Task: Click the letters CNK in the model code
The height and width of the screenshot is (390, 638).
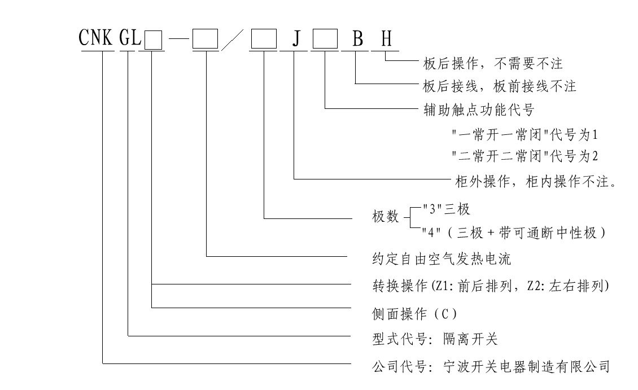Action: pyautogui.click(x=97, y=40)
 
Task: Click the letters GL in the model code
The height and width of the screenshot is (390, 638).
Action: pyautogui.click(x=129, y=40)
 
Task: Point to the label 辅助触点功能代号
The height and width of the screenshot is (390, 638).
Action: pyautogui.click(x=478, y=108)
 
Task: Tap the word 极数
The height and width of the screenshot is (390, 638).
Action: pyautogui.click(x=384, y=217)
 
